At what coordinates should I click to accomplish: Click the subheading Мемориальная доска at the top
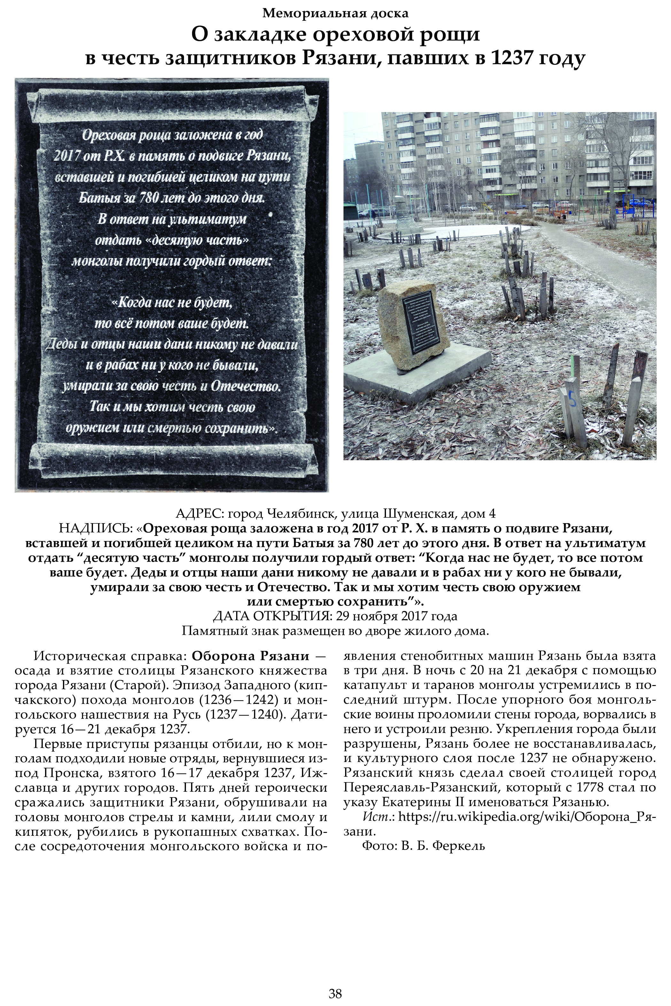tap(335, 14)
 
